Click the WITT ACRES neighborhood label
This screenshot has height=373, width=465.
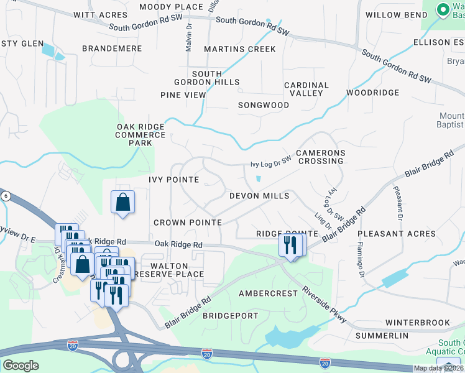[x=96, y=15]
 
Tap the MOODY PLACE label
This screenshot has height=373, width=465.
[x=171, y=7]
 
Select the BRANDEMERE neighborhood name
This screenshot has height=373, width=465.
[x=112, y=48]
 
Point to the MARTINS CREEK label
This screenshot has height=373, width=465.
[x=239, y=49]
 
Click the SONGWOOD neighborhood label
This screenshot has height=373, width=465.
[x=264, y=106]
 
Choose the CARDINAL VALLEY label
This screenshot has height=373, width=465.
[x=306, y=89]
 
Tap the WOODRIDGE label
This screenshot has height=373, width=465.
[x=372, y=93]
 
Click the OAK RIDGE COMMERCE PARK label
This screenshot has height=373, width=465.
[x=142, y=134]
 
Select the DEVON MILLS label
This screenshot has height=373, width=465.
[x=259, y=196]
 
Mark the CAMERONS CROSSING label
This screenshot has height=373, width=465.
[x=320, y=157]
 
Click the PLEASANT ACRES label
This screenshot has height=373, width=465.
[x=397, y=234]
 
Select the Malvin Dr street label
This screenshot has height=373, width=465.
[x=188, y=37]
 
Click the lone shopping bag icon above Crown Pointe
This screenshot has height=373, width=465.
[x=123, y=202]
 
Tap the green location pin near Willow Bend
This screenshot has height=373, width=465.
[x=443, y=10]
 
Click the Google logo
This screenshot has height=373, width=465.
[x=21, y=366]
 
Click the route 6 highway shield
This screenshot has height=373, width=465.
[x=6, y=196]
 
